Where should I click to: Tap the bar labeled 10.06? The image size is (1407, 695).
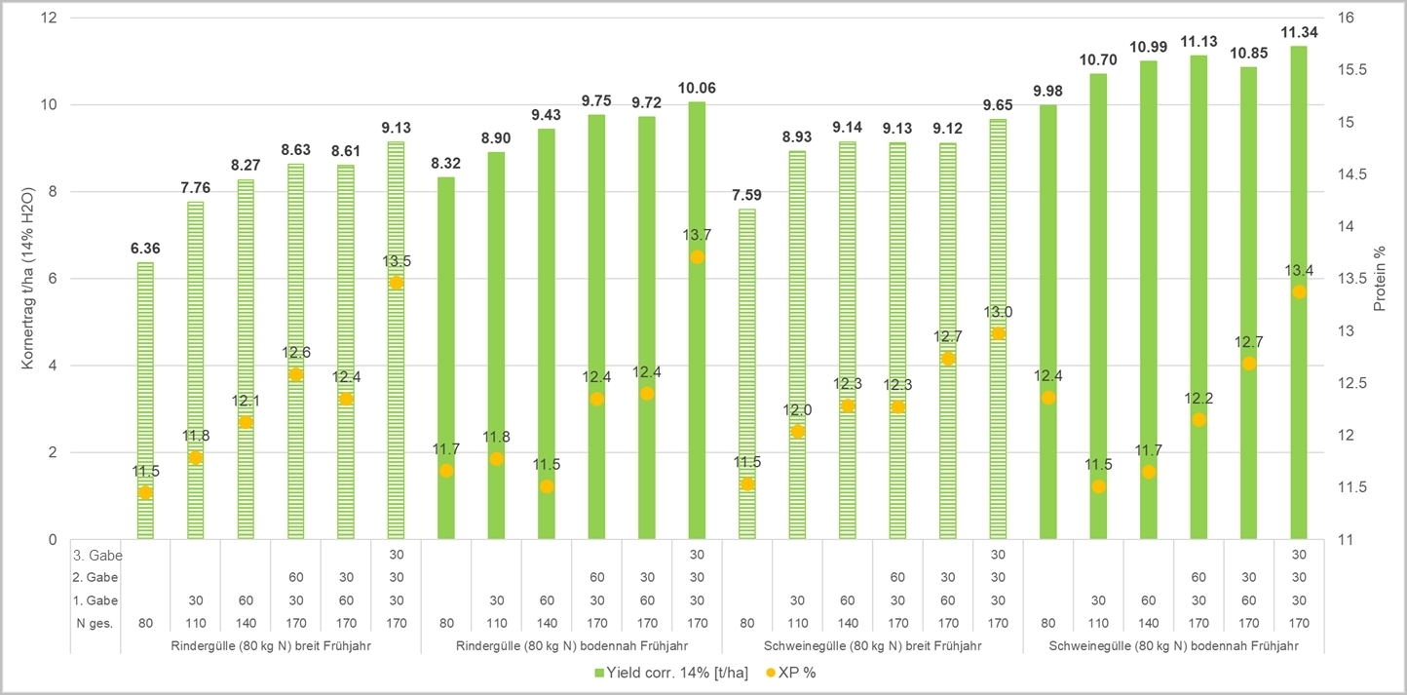click(697, 390)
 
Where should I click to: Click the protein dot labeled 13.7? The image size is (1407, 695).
click(697, 257)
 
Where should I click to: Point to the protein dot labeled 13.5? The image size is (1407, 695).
click(396, 283)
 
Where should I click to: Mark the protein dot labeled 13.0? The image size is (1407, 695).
click(998, 333)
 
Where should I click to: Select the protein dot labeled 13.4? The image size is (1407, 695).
click(1298, 291)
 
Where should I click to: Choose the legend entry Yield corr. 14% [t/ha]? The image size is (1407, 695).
click(664, 672)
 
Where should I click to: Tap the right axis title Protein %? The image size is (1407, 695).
click(1379, 279)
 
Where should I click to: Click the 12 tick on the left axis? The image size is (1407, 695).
click(50, 19)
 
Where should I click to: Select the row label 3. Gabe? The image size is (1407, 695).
click(95, 555)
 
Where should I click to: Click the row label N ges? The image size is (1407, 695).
click(95, 623)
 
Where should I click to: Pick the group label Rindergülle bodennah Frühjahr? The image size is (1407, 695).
click(571, 645)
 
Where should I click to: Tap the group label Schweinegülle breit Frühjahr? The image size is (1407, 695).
click(872, 645)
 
